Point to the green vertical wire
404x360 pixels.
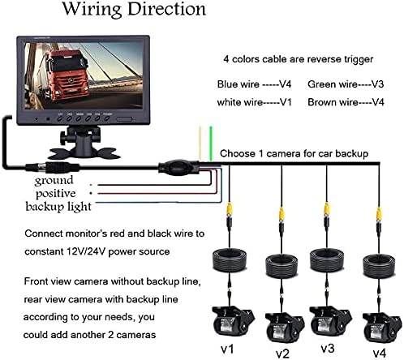click(210, 141)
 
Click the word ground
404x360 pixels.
click(54, 180)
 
